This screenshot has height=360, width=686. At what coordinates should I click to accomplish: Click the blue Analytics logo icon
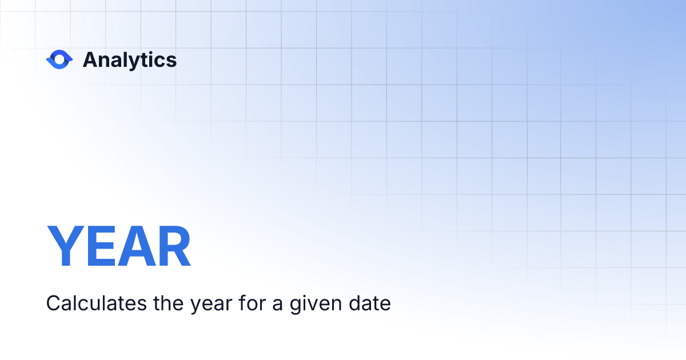click(59, 59)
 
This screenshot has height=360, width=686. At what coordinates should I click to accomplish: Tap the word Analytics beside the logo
click(130, 60)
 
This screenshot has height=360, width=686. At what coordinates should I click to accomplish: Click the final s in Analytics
click(171, 61)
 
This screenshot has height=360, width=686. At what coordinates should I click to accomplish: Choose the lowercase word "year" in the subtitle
click(211, 305)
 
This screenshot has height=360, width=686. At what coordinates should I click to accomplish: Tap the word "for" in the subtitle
click(252, 303)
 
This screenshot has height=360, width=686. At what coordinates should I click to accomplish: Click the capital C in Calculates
click(53, 303)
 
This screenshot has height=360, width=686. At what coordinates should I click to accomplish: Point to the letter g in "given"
click(296, 305)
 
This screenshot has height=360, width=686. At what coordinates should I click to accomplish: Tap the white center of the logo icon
click(59, 59)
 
